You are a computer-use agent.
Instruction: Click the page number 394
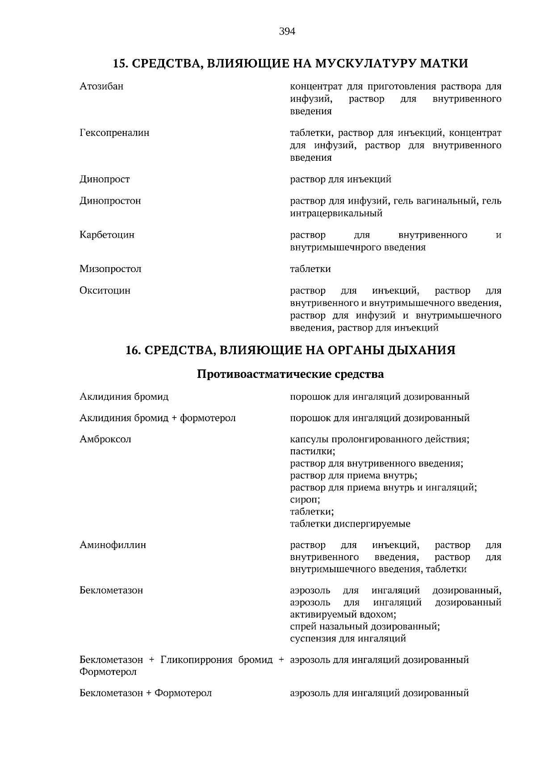pos(287,31)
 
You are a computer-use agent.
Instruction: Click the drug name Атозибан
pos(101,86)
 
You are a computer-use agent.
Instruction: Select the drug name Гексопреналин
pos(114,133)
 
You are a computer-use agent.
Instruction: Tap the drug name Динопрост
pos(105,179)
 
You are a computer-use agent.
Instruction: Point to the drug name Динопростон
pos(110,201)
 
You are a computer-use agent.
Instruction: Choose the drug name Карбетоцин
pos(107,235)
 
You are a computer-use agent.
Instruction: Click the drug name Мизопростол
pos(110,269)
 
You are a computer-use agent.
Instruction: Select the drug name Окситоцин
pos(105,290)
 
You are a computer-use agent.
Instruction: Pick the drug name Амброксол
pos(105,439)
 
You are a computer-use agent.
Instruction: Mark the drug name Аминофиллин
pos(113,545)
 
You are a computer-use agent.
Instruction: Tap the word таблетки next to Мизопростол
pos(310,269)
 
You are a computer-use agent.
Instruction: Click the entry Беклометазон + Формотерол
pos(146,693)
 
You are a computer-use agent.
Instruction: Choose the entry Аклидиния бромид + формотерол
pos(157,418)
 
